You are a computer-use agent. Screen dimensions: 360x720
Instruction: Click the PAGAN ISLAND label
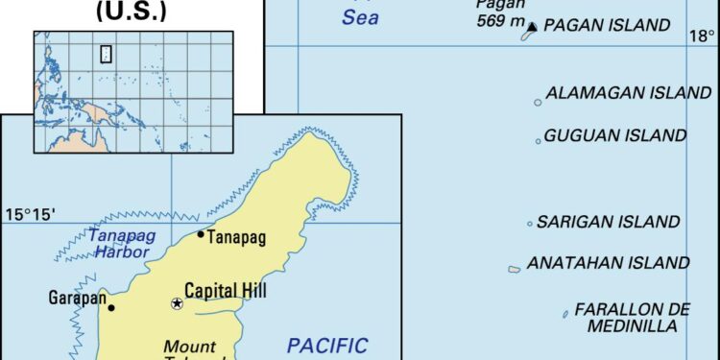(x=606, y=26)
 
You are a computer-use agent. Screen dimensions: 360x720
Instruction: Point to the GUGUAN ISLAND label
(x=615, y=136)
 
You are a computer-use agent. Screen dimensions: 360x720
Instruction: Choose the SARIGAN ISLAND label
(x=608, y=222)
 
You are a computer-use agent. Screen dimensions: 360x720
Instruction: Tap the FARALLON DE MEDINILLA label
(x=632, y=318)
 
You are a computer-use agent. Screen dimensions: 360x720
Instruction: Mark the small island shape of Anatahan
(x=515, y=269)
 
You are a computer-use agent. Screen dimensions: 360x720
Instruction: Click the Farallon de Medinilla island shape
(x=565, y=313)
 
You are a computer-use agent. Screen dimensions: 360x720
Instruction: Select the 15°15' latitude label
(x=31, y=213)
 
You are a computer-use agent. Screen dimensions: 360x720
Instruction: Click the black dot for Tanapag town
(x=200, y=234)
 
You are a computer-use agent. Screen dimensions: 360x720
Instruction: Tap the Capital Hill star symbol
(x=177, y=303)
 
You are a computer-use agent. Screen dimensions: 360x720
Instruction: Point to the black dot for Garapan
(x=111, y=307)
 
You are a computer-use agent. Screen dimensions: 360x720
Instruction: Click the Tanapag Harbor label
(x=119, y=243)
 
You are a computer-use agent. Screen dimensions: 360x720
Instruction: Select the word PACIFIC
(x=327, y=345)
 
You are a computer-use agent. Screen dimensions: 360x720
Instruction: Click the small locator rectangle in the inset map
(x=106, y=54)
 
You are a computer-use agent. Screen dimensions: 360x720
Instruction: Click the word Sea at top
(x=360, y=17)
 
